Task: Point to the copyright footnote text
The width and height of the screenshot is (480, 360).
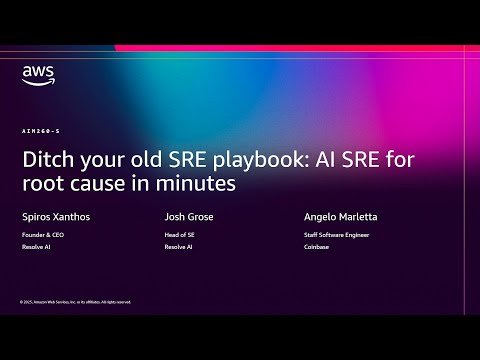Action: point(75,301)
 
